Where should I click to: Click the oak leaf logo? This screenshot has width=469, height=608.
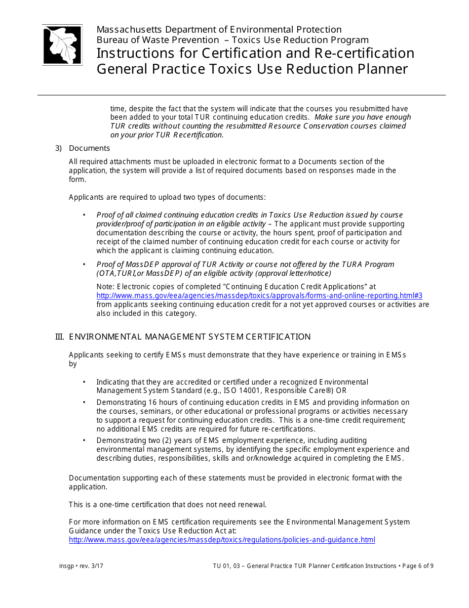point(62,45)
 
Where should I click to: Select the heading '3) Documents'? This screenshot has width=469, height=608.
point(82,148)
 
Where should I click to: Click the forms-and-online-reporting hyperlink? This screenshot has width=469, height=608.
point(259,296)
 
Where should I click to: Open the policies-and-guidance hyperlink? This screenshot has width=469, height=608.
point(222,540)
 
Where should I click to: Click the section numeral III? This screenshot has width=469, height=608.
point(59,337)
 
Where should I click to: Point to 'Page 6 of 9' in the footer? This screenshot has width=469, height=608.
point(417,566)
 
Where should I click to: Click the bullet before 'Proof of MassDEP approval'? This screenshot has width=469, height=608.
point(84,264)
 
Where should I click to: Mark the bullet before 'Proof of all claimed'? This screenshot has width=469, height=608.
point(84,215)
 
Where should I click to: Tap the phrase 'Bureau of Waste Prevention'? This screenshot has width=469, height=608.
point(157,40)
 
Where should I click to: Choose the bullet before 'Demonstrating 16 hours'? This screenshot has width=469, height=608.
point(84,402)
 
